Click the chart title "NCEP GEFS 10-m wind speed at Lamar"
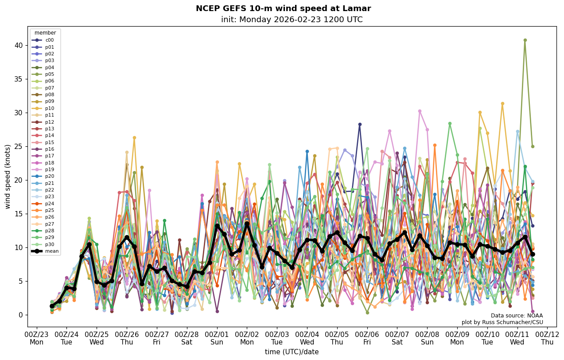tap(283, 8)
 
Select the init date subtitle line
tap(292, 20)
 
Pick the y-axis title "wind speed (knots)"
tap(8, 176)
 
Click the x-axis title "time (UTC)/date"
tap(292, 352)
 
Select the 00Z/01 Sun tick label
tap(217, 338)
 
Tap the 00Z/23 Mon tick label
tap(37, 338)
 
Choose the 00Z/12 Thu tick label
tap(548, 338)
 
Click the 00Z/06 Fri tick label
tap(367, 338)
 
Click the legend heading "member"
tap(45, 33)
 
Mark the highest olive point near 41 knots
tap(525, 40)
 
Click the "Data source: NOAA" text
tap(517, 316)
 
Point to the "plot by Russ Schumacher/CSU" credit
tap(502, 322)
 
